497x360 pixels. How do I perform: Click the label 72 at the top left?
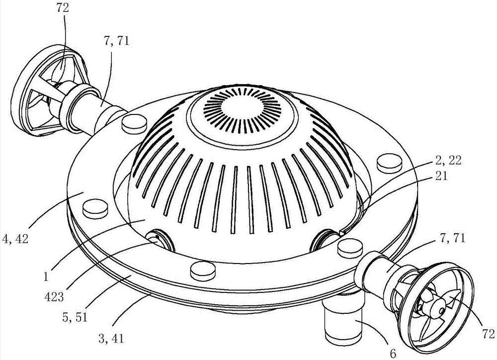[63, 8]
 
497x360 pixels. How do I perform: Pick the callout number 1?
[46, 277]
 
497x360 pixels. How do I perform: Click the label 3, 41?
[111, 339]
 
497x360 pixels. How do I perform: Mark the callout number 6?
[393, 354]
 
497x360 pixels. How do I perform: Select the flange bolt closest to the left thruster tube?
[134, 124]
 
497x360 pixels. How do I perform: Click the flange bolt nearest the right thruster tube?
[349, 248]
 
